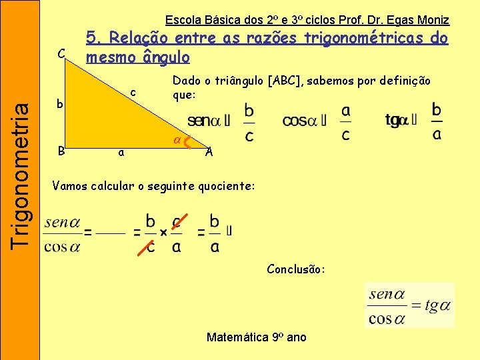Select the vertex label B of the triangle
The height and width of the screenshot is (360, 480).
[61, 151]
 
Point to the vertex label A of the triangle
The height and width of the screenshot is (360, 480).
[209, 151]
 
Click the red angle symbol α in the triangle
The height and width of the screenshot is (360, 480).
[177, 140]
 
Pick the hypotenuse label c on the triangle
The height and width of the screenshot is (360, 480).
[133, 91]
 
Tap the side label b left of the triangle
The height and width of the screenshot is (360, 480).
[59, 104]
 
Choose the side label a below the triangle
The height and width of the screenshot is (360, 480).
[119, 153]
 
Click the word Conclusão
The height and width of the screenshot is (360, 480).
[296, 269]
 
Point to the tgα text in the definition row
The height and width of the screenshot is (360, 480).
[397, 121]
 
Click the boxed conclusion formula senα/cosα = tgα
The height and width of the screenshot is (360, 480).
[409, 305]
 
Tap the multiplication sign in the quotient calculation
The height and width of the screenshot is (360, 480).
[163, 231]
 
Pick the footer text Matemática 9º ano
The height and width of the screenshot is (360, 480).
[257, 337]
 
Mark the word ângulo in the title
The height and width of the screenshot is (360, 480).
[163, 57]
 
